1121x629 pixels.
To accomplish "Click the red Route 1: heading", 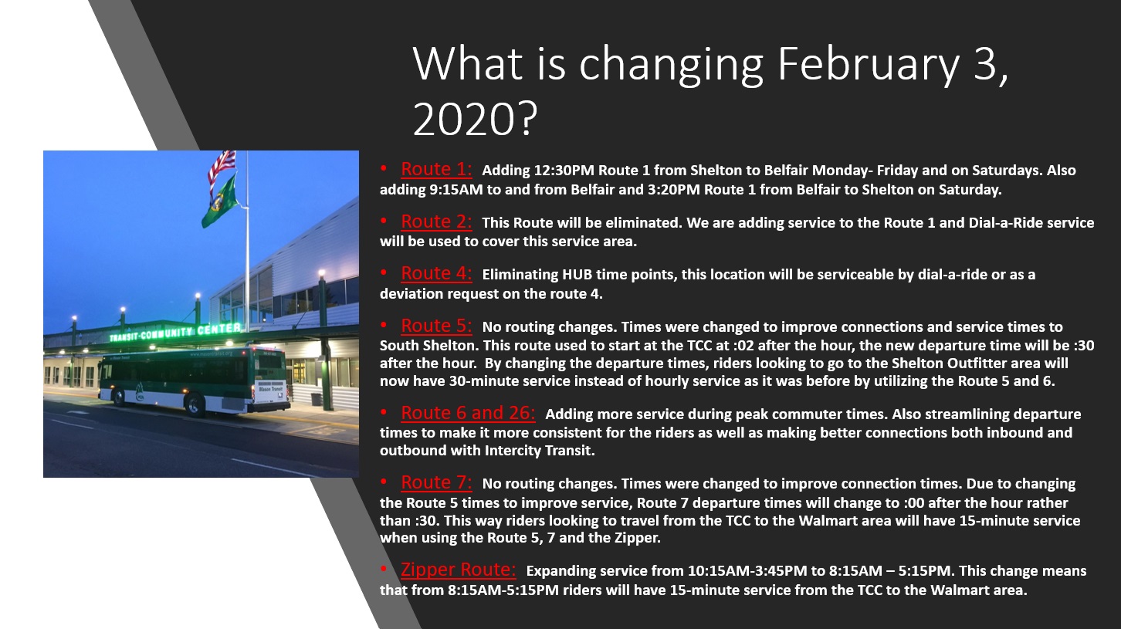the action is pyautogui.click(x=436, y=169).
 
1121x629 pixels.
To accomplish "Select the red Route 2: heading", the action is pyautogui.click(x=436, y=222).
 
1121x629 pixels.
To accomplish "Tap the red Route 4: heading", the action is pyautogui.click(x=436, y=273).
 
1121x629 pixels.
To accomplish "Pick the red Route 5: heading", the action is pyautogui.click(x=436, y=326).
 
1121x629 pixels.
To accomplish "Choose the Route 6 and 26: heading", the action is pyautogui.click(x=468, y=413).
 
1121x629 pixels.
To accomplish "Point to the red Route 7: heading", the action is pyautogui.click(x=436, y=482).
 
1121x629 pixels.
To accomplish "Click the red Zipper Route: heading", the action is pyautogui.click(x=458, y=570).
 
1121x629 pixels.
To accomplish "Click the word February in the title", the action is pyautogui.click(x=869, y=63).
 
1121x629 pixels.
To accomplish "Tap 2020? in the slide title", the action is pyautogui.click(x=475, y=119).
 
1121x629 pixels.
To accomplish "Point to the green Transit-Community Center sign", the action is pyautogui.click(x=175, y=333).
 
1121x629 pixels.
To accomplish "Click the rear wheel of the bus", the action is pyautogui.click(x=195, y=405).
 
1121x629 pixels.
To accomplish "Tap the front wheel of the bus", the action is pyautogui.click(x=120, y=397).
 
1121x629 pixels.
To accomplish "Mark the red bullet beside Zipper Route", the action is pyautogui.click(x=384, y=569).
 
